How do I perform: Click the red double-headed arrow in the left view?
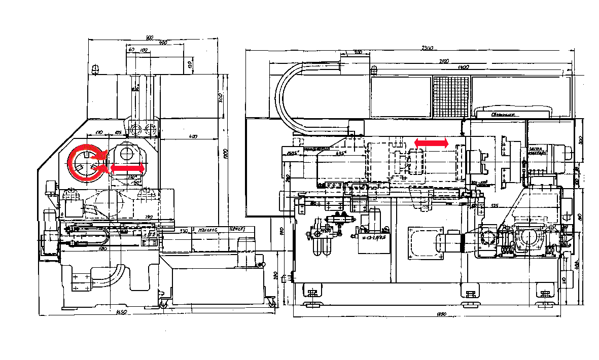(x=127, y=167)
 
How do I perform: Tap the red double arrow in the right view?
(x=432, y=143)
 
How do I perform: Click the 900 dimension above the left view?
(x=149, y=38)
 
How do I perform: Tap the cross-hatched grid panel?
(x=451, y=97)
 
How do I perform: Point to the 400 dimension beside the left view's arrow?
(x=193, y=136)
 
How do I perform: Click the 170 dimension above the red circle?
(x=99, y=132)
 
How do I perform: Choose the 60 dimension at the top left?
(x=131, y=50)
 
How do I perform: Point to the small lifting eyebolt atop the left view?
(x=96, y=68)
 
